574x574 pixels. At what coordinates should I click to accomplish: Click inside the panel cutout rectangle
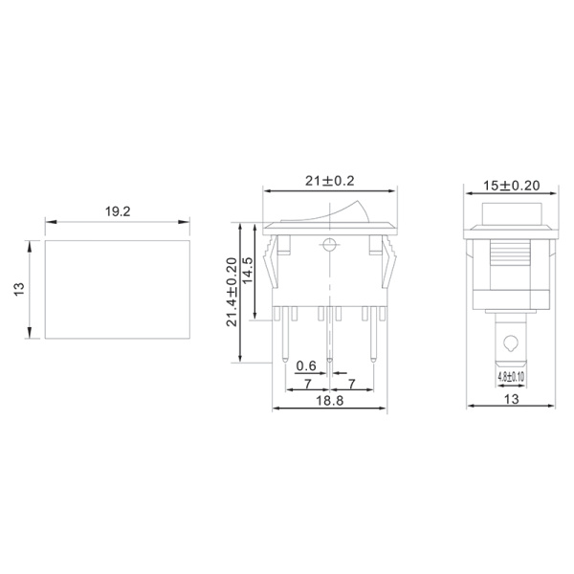pyautogui.click(x=115, y=289)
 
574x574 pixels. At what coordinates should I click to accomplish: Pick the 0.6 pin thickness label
pyautogui.click(x=306, y=366)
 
